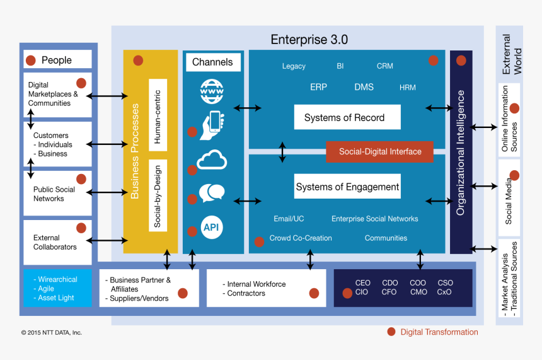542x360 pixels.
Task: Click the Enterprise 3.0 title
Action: click(309, 40)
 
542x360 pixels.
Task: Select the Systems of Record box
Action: click(347, 118)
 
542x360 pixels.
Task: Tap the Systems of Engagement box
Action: click(347, 187)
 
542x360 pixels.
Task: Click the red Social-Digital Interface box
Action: click(380, 152)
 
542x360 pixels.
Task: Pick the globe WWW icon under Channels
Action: click(212, 91)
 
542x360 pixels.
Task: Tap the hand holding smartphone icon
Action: click(212, 125)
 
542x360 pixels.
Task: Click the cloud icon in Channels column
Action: click(212, 160)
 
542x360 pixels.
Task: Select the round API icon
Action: click(212, 226)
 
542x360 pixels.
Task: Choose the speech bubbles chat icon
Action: click(212, 192)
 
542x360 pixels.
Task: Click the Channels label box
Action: click(212, 62)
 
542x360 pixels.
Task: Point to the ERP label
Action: click(318, 87)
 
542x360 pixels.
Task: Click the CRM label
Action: click(384, 66)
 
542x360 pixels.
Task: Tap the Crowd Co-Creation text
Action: click(301, 238)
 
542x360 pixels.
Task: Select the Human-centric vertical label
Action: click(158, 115)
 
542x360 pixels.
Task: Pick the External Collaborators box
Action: click(57, 242)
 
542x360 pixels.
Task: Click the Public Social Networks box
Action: click(57, 194)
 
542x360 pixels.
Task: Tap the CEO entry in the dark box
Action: click(362, 283)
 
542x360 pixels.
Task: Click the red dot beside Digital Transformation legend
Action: click(391, 332)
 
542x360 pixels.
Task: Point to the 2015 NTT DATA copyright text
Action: click(51, 332)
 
